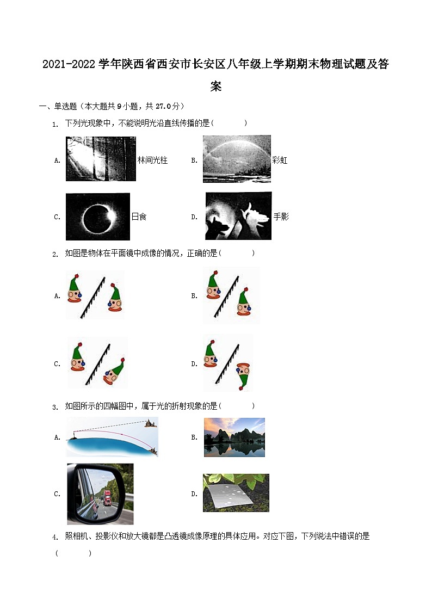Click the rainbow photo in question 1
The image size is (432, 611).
pyautogui.click(x=237, y=159)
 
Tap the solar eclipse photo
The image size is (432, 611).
pyautogui.click(x=98, y=217)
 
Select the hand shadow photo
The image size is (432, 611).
pyautogui.click(x=238, y=216)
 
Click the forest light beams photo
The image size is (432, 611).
pyautogui.click(x=101, y=158)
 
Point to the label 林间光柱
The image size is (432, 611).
pyautogui.click(x=152, y=161)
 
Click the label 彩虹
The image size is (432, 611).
pyautogui.click(x=280, y=161)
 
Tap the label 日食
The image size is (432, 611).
pyautogui.click(x=139, y=217)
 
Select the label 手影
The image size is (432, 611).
pyautogui.click(x=281, y=217)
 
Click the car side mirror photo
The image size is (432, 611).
pyautogui.click(x=100, y=493)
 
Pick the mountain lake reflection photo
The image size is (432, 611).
pyautogui.click(x=234, y=437)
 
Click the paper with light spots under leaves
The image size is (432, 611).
pyautogui.click(x=236, y=493)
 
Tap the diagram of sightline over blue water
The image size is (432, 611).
pyautogui.click(x=112, y=437)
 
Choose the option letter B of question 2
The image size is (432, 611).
pyautogui.click(x=194, y=296)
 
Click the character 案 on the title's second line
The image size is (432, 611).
pyautogui.click(x=216, y=87)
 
